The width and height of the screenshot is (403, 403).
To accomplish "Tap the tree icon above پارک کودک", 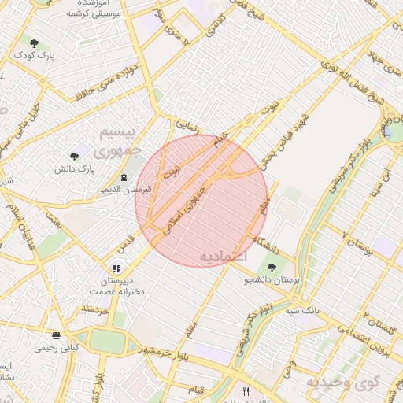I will tap(33, 43).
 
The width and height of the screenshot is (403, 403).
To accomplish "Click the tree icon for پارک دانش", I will tap(74, 157).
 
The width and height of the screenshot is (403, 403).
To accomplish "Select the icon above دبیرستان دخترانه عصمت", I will tap(117, 268).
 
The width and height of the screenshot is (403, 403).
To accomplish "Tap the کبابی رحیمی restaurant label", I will tap(56, 346).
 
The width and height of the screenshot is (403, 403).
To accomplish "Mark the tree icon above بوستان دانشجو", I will tap(272, 268).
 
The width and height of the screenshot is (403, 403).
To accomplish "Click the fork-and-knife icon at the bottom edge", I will tap(246, 391).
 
